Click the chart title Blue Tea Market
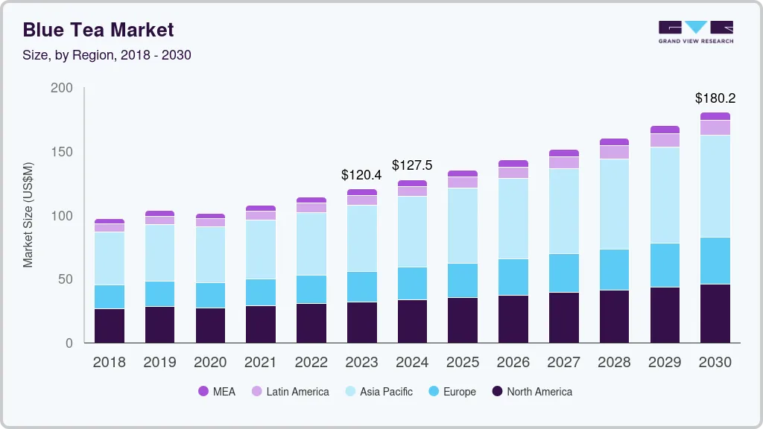[x=98, y=30]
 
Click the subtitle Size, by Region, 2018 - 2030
[x=107, y=55]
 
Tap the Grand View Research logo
[x=695, y=31]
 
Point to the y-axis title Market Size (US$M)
[x=28, y=214]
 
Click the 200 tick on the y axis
[x=62, y=88]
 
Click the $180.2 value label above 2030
[x=715, y=98]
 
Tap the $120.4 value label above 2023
[x=361, y=175]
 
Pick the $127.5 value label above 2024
[x=412, y=165]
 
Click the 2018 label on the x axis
[x=109, y=362]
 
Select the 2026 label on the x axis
[x=513, y=362]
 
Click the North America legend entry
[x=531, y=391]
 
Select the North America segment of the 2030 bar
[x=715, y=313]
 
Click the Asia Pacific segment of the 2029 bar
[x=665, y=195]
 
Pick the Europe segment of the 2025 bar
[x=463, y=280]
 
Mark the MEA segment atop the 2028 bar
[x=614, y=142]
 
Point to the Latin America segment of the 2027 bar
[x=564, y=162]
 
